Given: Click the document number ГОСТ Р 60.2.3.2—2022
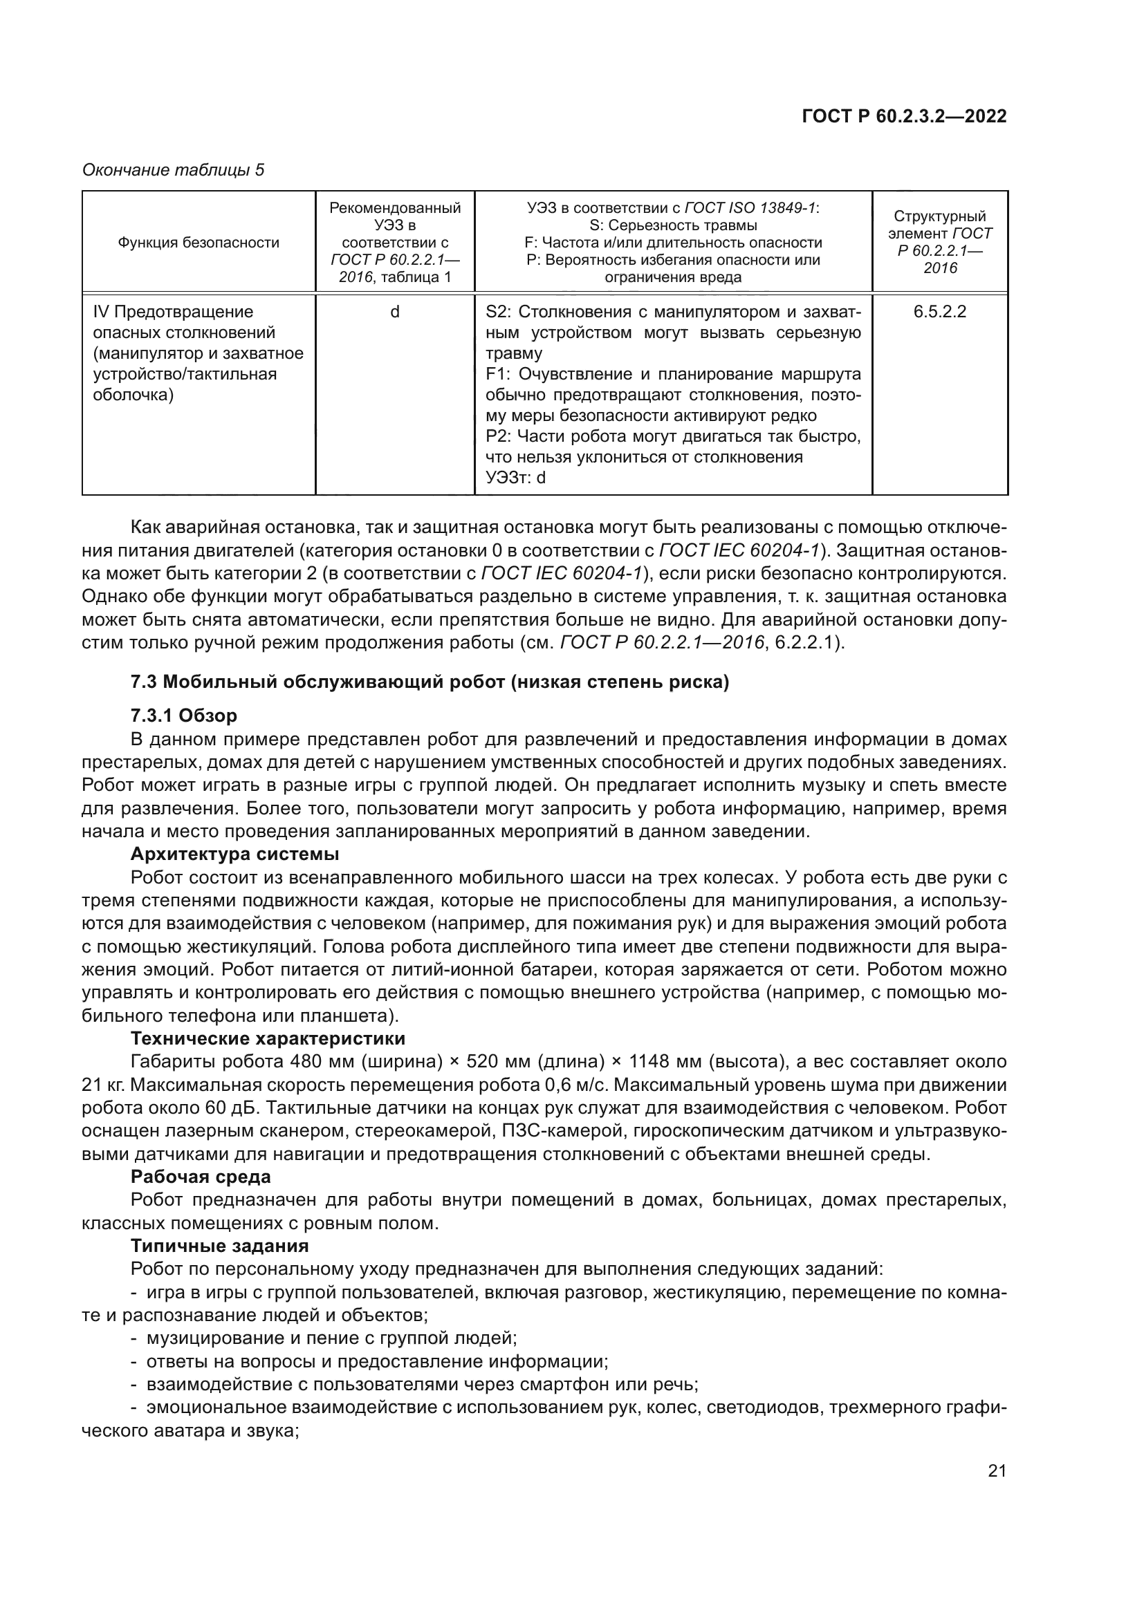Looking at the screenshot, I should [x=904, y=117].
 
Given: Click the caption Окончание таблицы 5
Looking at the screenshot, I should [x=174, y=170].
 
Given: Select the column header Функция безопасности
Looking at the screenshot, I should [x=199, y=243].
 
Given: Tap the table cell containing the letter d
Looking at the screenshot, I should [x=394, y=312].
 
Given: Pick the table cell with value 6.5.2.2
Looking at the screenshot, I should [x=940, y=312].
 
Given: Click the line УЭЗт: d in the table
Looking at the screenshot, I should [x=516, y=478].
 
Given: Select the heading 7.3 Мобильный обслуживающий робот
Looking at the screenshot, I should [x=430, y=682].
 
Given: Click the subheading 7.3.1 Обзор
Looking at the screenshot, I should [x=184, y=716].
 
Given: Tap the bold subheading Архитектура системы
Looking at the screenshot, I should [x=234, y=855].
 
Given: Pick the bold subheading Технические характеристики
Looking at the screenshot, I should [x=268, y=1039].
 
